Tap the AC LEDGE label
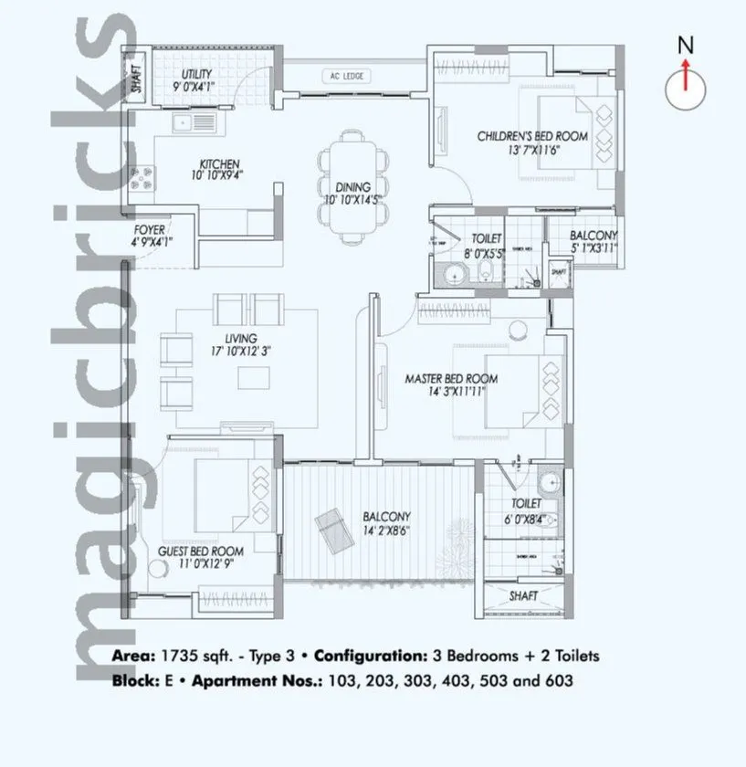(345, 76)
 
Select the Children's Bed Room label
(531, 136)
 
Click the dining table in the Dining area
(348, 188)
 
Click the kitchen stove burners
(143, 177)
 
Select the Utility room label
(196, 74)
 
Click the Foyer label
(150, 230)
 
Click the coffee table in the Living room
(254, 377)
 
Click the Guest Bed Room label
(201, 552)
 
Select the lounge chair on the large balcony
(331, 528)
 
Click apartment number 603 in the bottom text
(558, 681)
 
